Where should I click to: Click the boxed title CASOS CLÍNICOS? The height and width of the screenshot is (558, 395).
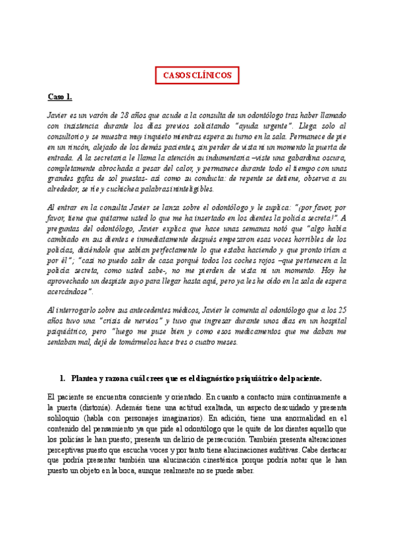pyautogui.click(x=197, y=75)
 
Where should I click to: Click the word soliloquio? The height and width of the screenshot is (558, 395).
pyautogui.click(x=69, y=419)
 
